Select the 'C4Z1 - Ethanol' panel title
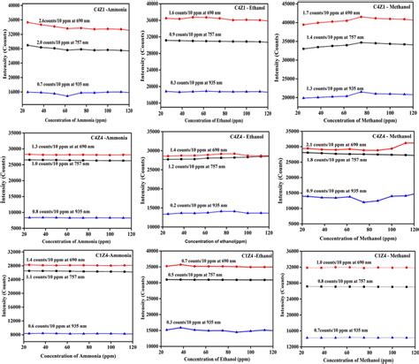pos(237,7)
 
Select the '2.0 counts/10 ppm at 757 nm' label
pos(67,41)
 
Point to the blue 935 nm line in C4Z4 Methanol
pos(354,198)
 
